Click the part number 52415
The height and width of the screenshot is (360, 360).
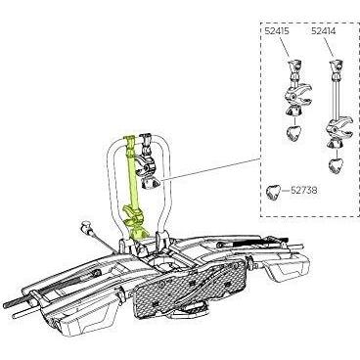[277, 31]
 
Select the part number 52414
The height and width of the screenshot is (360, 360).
[324, 31]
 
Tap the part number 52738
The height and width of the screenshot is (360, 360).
[303, 191]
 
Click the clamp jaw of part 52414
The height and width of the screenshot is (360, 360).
[339, 127]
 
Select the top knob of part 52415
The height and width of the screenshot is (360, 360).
[294, 67]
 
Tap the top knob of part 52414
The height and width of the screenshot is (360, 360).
[337, 67]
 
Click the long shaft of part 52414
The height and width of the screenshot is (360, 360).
[336, 101]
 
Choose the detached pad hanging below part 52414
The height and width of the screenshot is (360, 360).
[336, 166]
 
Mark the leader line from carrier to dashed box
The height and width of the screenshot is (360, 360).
[211, 169]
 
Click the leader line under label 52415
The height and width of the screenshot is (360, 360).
[284, 49]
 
